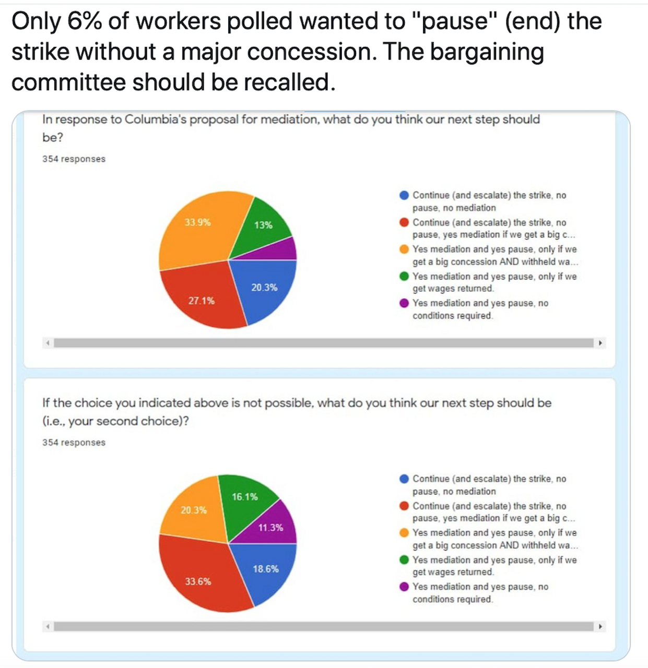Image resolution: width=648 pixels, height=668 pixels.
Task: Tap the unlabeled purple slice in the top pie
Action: [x=285, y=249]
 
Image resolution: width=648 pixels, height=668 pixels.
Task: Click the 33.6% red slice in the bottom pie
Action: [x=201, y=577]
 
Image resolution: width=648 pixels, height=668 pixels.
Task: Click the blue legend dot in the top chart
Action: [x=404, y=195]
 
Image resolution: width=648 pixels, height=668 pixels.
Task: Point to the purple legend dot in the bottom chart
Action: [x=404, y=587]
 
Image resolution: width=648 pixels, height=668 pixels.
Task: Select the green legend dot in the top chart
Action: [x=404, y=276]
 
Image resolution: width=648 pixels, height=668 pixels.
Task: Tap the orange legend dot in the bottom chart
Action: [x=404, y=533]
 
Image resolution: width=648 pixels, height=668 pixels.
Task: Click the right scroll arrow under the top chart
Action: [x=600, y=343]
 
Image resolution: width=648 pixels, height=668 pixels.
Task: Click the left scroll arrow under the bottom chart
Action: [x=48, y=626]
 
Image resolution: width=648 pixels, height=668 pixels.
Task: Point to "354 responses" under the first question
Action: [x=74, y=159]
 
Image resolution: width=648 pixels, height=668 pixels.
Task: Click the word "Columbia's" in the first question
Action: [x=156, y=120]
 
